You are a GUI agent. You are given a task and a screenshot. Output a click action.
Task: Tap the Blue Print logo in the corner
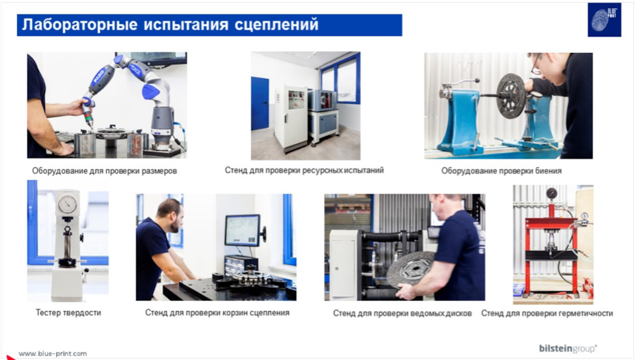pyautogui.click(x=604, y=20)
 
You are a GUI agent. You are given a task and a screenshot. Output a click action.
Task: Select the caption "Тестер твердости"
pyautogui.click(x=68, y=312)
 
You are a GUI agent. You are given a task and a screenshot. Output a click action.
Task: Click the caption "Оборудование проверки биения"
pyautogui.click(x=502, y=171)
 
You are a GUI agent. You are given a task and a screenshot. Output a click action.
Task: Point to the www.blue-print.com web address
pyautogui.click(x=53, y=353)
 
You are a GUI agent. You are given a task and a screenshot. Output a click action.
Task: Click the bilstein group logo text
pyautogui.click(x=568, y=348)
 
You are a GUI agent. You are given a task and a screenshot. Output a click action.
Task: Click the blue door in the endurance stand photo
pyautogui.click(x=260, y=103)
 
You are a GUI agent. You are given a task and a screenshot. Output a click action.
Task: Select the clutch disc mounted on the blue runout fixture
pyautogui.click(x=511, y=95)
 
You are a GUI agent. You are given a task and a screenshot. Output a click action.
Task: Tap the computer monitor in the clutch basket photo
pyautogui.click(x=242, y=231)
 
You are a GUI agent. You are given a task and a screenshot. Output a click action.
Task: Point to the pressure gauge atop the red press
pyautogui.click(x=551, y=193)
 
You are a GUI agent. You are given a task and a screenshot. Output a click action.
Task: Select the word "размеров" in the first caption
pyautogui.click(x=158, y=171)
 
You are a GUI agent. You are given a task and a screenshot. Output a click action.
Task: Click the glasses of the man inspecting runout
pyautogui.click(x=536, y=65)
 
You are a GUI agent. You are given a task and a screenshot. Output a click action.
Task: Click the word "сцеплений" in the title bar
pyautogui.click(x=276, y=25)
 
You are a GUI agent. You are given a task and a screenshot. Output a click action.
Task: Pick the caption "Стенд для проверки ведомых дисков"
pyautogui.click(x=402, y=314)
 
